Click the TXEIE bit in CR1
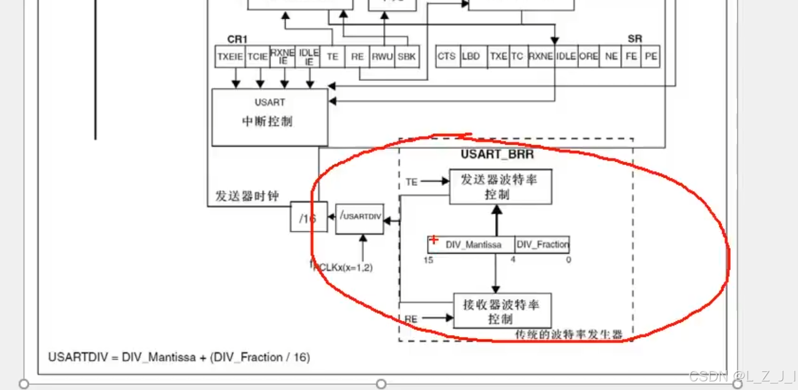230,57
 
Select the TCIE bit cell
257,57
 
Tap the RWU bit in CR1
382,57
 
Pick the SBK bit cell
407,57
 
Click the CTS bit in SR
447,57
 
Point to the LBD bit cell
471,57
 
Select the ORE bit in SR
588,57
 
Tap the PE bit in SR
651,57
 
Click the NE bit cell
611,57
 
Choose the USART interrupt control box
270,117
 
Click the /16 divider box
307,218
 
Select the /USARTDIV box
360,218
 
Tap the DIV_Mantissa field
473,245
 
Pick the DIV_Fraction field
542,245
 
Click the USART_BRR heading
497,154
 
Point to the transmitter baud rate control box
500,187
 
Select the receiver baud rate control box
502,311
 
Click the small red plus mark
433,239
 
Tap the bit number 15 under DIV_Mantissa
428,260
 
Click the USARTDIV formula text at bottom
179,357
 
